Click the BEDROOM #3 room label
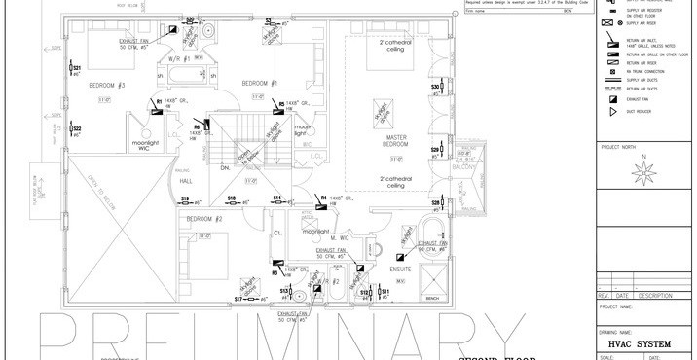coord(107,86)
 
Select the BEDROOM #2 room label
coord(205,219)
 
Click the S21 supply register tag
coord(77,69)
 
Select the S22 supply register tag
coord(77,128)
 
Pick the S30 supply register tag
coord(436,88)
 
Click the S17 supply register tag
coord(239,299)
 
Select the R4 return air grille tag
coord(322,198)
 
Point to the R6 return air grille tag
coord(196,126)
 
